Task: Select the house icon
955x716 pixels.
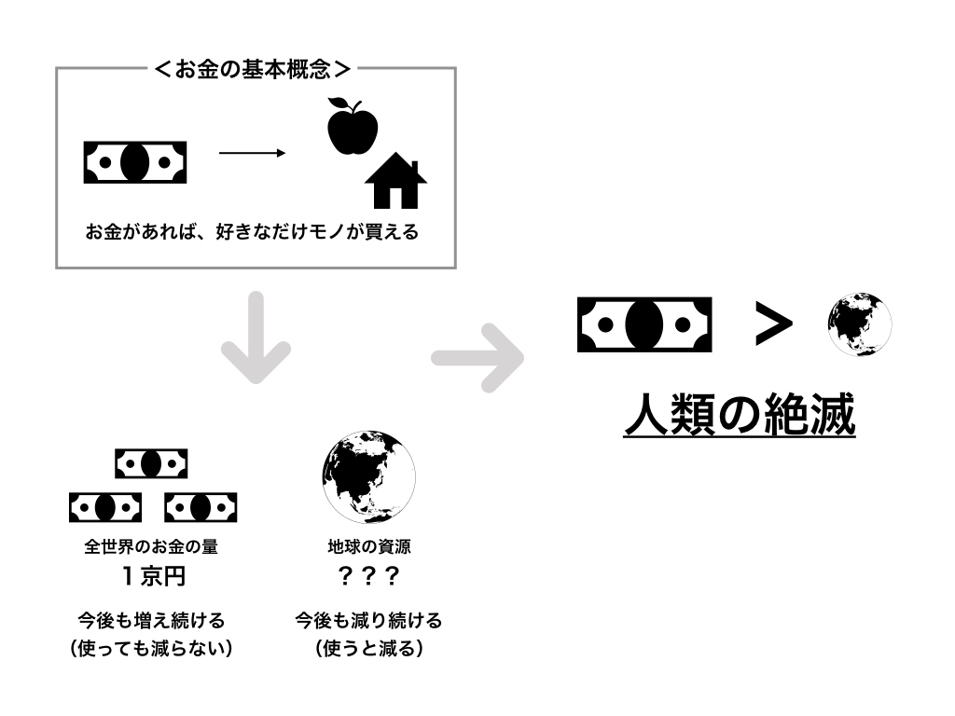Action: (x=395, y=181)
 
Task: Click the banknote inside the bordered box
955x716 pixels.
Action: (x=134, y=162)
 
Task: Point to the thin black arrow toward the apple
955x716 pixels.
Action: (x=251, y=152)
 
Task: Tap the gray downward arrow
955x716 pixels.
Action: (x=256, y=337)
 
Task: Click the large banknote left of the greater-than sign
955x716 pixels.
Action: (x=644, y=324)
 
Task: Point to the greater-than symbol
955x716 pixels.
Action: (x=773, y=324)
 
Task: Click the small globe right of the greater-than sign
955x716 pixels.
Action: (x=859, y=324)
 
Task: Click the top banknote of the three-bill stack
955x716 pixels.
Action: (x=151, y=463)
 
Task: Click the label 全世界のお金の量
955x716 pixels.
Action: (x=151, y=547)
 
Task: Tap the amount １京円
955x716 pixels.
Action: (x=151, y=577)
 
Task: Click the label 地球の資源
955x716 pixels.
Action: (x=368, y=547)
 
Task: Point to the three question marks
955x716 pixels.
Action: (x=368, y=577)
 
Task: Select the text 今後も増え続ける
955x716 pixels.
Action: (x=151, y=620)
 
